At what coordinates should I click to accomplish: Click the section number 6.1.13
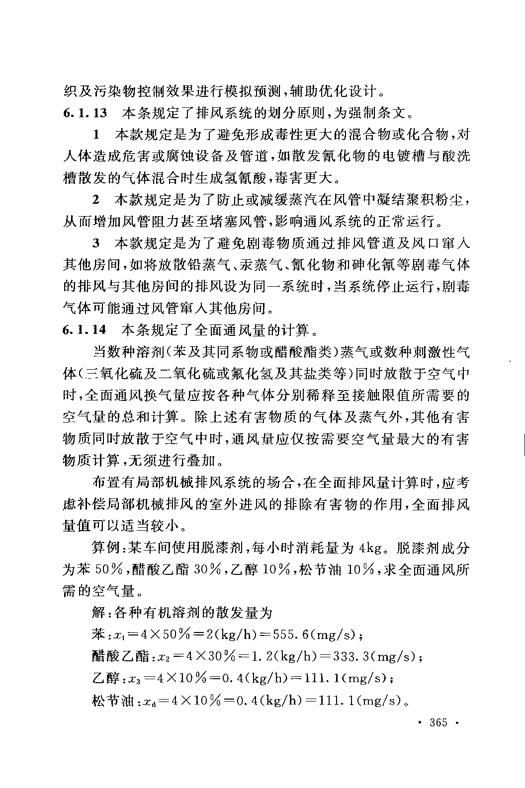click(x=86, y=112)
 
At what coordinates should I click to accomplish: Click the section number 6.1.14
click(x=86, y=330)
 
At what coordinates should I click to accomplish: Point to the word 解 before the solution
click(x=98, y=613)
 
